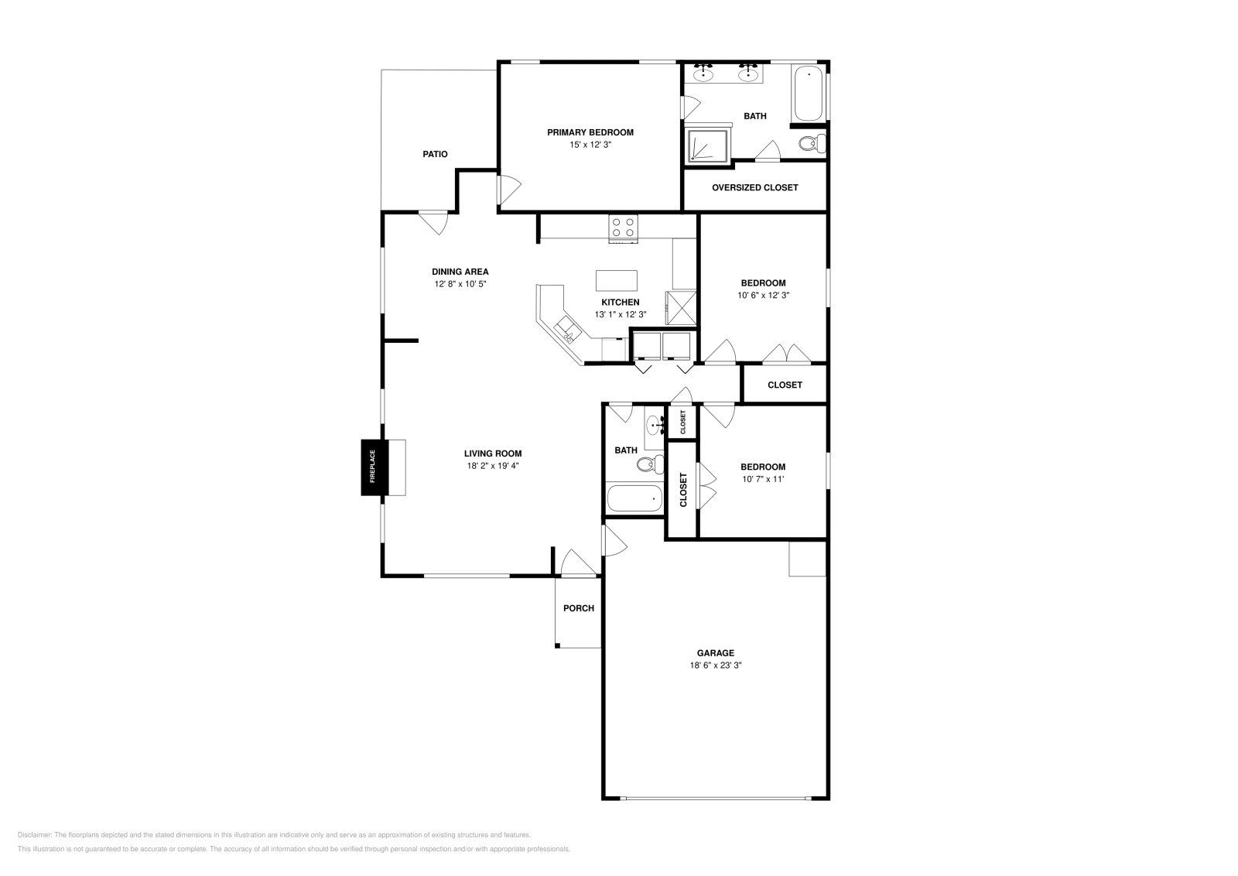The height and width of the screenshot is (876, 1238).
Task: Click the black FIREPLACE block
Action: coord(375,467)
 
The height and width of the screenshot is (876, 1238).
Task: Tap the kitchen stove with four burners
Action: coord(624,229)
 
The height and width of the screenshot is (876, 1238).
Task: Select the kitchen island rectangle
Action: coord(616,281)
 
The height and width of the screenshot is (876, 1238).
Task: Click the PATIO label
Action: coord(435,154)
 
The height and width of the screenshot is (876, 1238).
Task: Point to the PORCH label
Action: coord(579,608)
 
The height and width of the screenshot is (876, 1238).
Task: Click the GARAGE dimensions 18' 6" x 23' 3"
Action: coord(716,666)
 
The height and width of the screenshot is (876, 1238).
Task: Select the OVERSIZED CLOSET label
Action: coord(755,188)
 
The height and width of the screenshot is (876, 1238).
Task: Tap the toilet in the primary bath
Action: coord(812,144)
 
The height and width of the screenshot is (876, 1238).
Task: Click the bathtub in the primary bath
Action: coord(808,93)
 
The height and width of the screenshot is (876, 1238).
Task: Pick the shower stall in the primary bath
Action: coord(707,145)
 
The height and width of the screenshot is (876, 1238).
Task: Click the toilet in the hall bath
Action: coord(650,464)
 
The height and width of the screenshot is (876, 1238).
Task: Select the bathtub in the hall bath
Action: coord(634,498)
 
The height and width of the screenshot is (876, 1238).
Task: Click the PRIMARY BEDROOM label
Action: coord(590,132)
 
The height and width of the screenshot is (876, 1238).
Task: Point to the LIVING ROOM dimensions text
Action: coord(493,466)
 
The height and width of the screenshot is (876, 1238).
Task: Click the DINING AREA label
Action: coord(460,272)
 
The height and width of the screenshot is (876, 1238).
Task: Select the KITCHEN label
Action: coord(621,303)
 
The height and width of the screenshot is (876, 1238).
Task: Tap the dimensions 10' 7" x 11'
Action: coord(763,479)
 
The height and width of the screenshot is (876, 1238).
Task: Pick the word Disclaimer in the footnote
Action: coord(34,835)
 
